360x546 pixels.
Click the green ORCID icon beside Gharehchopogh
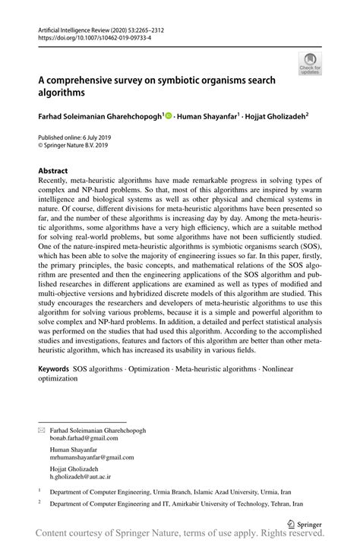tap(169, 116)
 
